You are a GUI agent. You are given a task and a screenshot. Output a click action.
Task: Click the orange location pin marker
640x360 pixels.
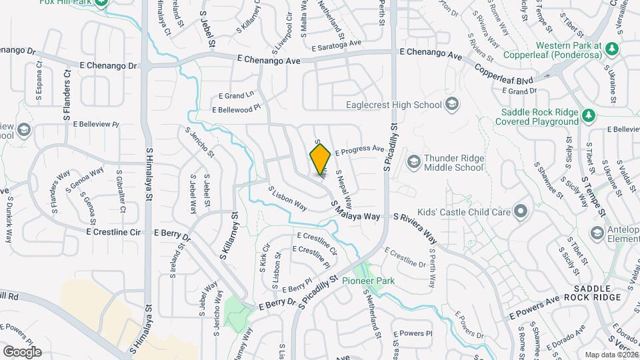point(320,159)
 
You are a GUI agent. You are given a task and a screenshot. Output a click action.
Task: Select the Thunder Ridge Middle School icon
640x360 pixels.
point(413,162)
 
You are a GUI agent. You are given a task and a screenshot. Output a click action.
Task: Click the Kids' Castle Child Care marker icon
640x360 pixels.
point(521,213)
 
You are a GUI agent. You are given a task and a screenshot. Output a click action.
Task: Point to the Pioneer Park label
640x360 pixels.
point(368,281)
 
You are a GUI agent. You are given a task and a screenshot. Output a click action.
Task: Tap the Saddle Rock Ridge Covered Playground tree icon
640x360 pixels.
point(588,116)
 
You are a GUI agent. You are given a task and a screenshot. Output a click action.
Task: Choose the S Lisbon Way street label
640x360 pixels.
point(287,198)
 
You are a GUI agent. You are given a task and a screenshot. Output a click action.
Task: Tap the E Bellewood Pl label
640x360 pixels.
point(237,109)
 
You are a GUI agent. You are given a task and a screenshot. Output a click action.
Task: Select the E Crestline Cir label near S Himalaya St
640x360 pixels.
point(113,232)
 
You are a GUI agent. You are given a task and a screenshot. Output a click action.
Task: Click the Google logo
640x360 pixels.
point(22,351)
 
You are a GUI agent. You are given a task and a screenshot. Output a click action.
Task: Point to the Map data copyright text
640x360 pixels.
point(610,355)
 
